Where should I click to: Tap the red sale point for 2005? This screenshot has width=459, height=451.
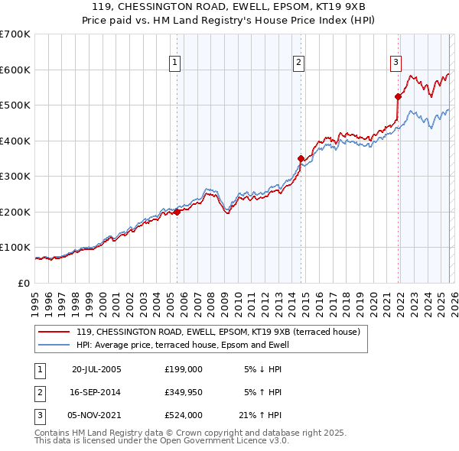pos(177,213)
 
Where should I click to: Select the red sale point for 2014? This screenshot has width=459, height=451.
pos(301,158)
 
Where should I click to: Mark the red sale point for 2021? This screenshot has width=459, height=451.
pos(398,96)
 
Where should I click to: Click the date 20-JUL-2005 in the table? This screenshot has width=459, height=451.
pos(96,368)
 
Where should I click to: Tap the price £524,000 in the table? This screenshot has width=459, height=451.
pos(184,416)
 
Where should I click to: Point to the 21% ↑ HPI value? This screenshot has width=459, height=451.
pos(260,416)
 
